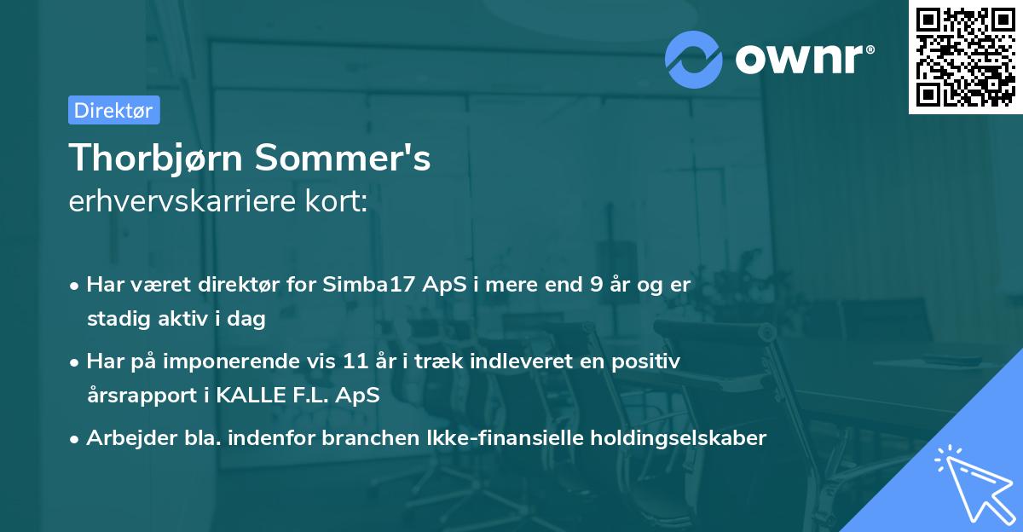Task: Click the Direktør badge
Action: [113, 110]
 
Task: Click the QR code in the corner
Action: [965, 57]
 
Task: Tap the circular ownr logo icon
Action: [694, 60]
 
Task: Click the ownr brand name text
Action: [804, 58]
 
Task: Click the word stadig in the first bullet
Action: [115, 319]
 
